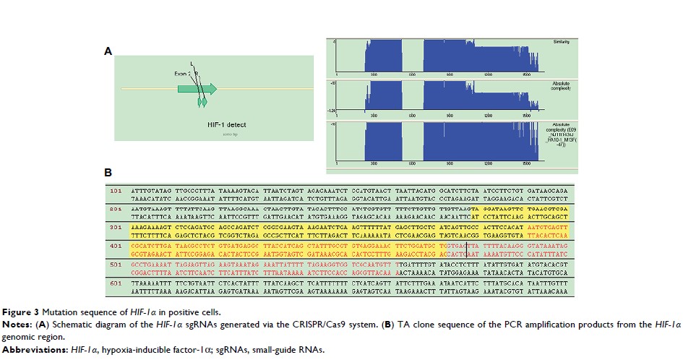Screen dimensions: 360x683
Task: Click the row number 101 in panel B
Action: coord(113,192)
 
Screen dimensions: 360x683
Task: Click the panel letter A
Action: coord(108,51)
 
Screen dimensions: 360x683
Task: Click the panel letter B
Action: coord(108,173)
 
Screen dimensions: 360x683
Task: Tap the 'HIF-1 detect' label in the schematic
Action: coord(225,125)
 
